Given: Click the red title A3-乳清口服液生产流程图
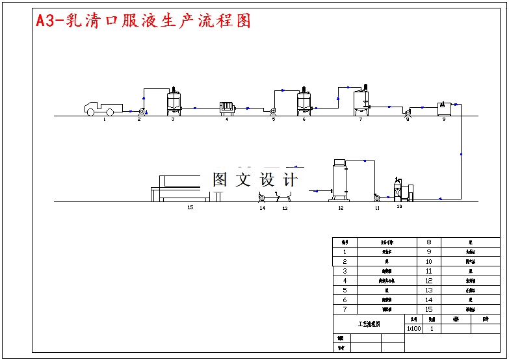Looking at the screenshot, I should coord(143,21).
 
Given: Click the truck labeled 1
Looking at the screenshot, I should coord(103,108).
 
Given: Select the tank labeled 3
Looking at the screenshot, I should coord(174,103).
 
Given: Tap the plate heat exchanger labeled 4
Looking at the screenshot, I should coord(227,109).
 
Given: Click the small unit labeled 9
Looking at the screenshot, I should coord(445,108).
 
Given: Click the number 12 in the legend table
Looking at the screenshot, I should coord(428,281).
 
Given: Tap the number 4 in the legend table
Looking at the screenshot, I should coord(345,281).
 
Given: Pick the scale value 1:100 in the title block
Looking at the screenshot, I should coord(413,329).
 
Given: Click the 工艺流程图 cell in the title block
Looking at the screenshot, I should coord(369,324).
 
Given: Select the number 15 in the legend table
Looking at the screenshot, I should coord(428,309).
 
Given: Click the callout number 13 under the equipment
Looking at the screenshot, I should coord(284,208).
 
